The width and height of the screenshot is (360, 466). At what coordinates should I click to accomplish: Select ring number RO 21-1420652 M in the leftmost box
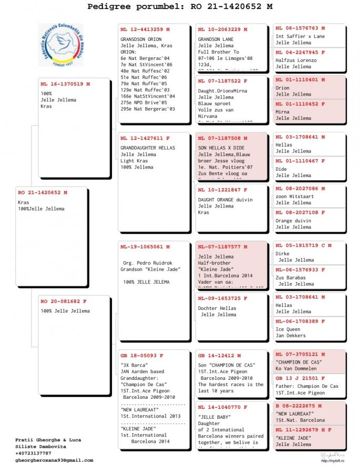click(43, 193)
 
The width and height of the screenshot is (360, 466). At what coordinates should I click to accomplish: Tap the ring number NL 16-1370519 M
click(65, 84)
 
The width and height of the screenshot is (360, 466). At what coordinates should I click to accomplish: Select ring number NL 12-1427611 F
click(145, 138)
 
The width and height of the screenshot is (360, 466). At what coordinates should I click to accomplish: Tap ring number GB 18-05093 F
click(142, 355)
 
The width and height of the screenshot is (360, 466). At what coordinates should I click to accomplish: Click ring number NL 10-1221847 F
click(222, 190)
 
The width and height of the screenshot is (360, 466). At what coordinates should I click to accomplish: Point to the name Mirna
click(283, 112)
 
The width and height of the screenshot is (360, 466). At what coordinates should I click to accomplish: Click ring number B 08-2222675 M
click(300, 406)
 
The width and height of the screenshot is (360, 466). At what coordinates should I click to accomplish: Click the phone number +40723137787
click(34, 453)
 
